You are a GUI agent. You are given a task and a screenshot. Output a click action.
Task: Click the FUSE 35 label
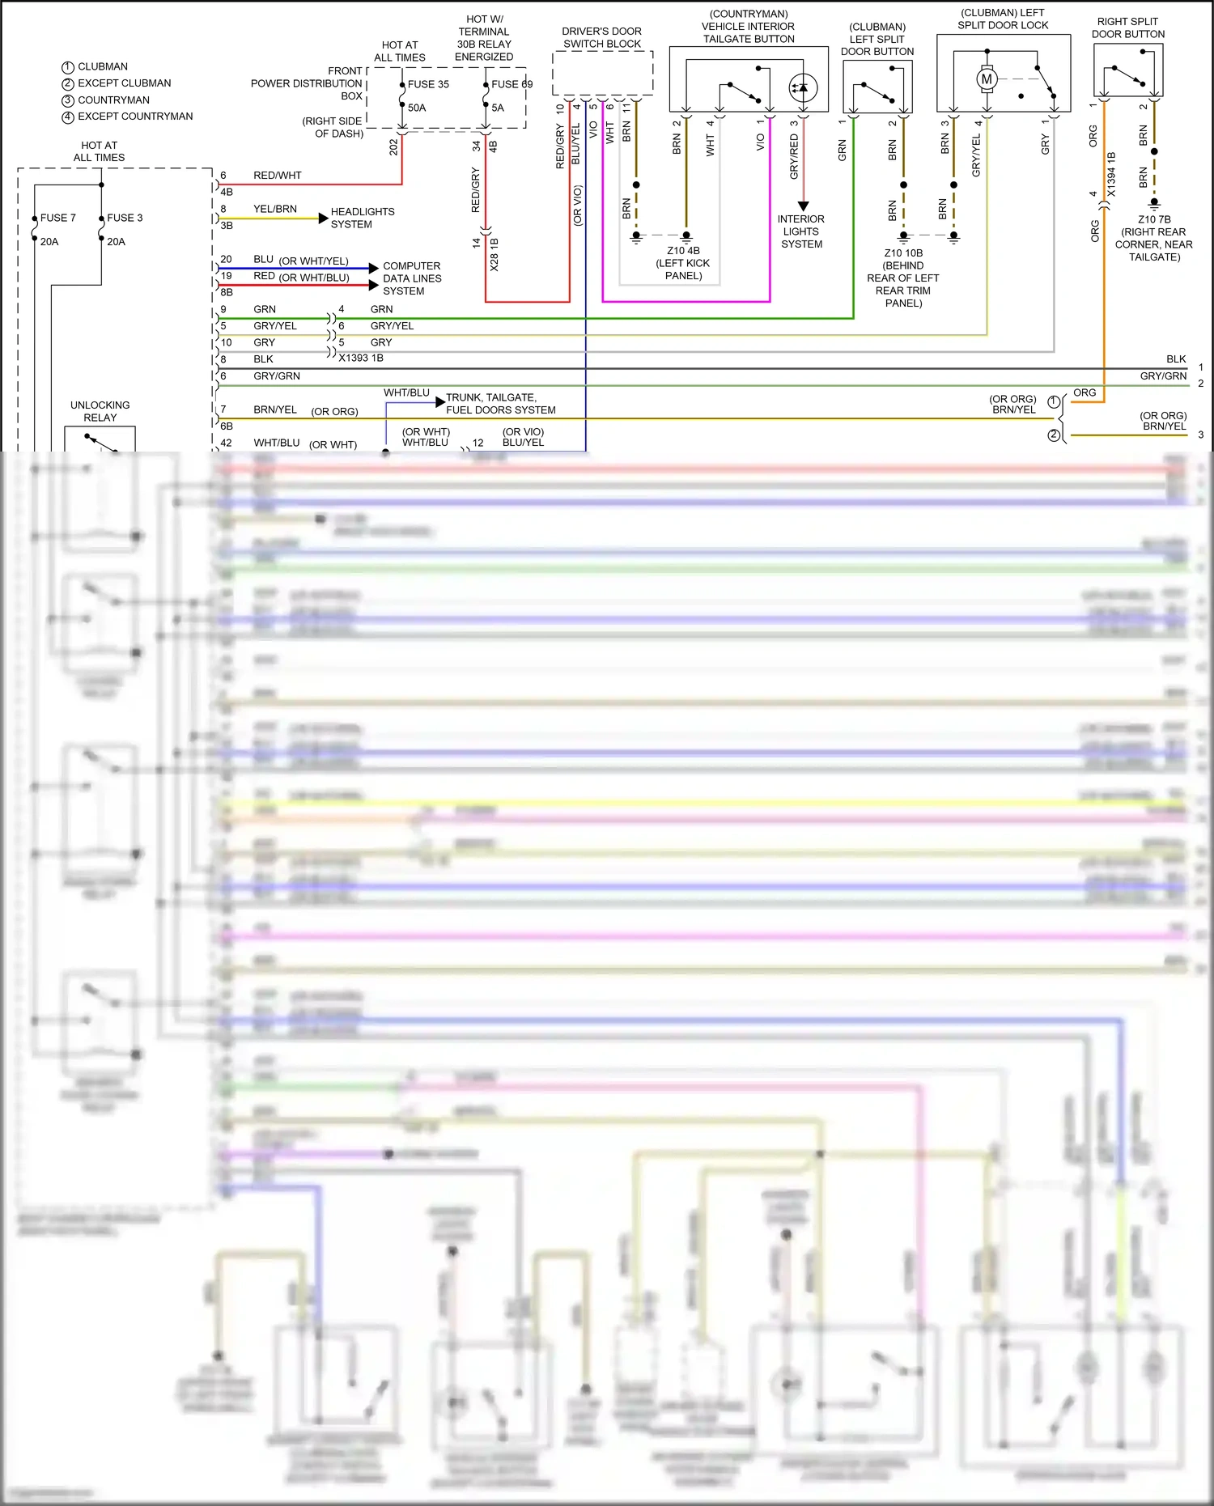click(428, 84)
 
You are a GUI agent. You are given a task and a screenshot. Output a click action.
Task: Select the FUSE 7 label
click(57, 218)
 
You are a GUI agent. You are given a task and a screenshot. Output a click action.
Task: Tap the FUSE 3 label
click(125, 218)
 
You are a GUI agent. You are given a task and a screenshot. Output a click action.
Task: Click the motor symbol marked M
click(986, 79)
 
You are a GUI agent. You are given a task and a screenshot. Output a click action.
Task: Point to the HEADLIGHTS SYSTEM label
click(362, 218)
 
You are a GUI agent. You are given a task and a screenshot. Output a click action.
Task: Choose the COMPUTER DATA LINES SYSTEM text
click(412, 278)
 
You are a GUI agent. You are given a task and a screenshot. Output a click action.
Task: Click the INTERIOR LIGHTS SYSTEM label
click(801, 231)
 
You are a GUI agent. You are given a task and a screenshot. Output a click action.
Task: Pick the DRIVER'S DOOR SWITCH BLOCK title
click(601, 37)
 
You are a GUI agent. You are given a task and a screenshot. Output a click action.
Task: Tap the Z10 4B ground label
click(683, 251)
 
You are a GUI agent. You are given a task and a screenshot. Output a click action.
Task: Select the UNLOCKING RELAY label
click(100, 411)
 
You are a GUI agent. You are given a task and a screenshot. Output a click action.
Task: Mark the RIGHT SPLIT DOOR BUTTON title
click(1127, 28)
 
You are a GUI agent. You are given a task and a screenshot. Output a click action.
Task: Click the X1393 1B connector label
click(361, 358)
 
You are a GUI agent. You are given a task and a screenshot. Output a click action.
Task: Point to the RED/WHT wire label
click(277, 175)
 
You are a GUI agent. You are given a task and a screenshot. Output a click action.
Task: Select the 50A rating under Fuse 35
click(417, 108)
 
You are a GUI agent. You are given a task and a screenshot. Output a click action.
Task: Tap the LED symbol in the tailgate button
click(802, 87)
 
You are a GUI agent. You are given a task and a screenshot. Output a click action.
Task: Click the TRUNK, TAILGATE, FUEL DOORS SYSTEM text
click(500, 404)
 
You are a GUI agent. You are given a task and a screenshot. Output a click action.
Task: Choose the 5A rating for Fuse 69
click(498, 108)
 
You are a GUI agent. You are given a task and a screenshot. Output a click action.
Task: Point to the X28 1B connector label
click(494, 255)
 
